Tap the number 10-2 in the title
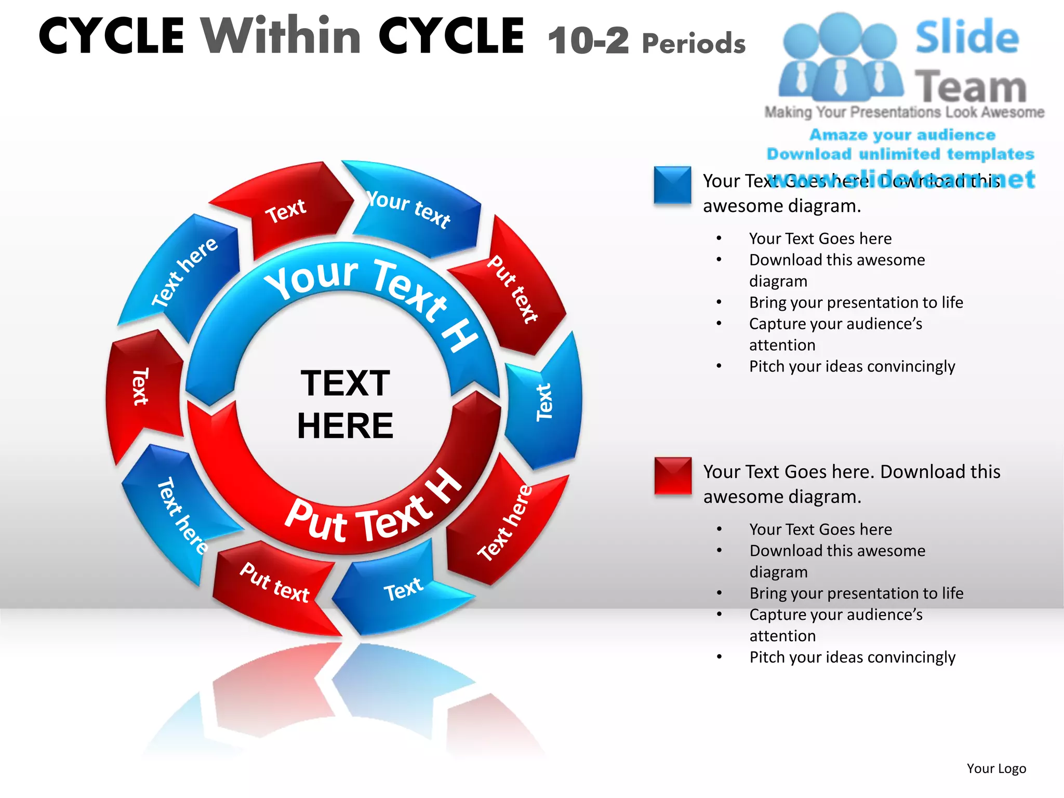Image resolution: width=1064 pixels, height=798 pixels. click(588, 41)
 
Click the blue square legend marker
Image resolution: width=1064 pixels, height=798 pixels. click(672, 184)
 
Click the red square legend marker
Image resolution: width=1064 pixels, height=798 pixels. click(673, 475)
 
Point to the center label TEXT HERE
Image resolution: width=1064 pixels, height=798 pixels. click(345, 404)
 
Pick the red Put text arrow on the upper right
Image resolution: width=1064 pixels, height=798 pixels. click(512, 288)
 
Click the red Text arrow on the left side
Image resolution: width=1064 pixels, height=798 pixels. click(140, 387)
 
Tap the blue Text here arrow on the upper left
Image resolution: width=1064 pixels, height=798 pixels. click(184, 273)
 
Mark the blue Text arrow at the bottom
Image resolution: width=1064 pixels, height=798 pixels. click(403, 590)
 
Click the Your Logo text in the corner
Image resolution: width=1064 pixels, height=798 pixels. click(996, 768)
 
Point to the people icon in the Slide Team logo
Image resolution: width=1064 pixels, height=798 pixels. click(840, 57)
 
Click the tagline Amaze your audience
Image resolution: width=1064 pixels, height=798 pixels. click(902, 135)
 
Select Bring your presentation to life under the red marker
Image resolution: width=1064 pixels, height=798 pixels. click(856, 593)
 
